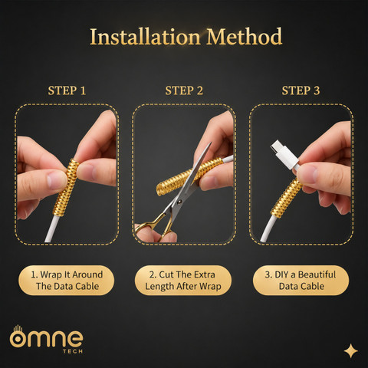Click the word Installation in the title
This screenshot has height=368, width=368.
(x=145, y=37)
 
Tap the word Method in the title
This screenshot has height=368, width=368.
(x=245, y=37)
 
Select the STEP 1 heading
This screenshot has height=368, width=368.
(x=67, y=90)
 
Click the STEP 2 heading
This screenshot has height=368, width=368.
(x=184, y=90)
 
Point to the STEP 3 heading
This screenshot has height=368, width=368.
(x=301, y=90)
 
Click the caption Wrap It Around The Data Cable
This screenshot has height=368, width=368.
(x=67, y=281)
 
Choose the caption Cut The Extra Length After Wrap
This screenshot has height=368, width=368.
(x=183, y=281)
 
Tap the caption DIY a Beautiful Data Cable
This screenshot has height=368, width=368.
(x=301, y=281)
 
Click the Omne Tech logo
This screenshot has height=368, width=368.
(x=47, y=340)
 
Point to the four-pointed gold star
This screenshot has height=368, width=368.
(x=351, y=350)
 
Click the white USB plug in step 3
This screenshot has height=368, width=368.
(x=284, y=154)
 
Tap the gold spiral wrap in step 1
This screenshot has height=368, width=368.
(x=66, y=187)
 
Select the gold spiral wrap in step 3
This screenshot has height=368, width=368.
(x=286, y=198)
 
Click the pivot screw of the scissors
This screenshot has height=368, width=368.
(x=179, y=202)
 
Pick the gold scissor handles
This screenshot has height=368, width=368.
(x=155, y=227)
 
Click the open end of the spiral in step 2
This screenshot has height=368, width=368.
(x=161, y=189)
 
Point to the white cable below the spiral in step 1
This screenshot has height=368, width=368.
(x=52, y=228)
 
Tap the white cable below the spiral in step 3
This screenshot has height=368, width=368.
(x=268, y=228)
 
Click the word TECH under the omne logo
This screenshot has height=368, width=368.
(x=73, y=351)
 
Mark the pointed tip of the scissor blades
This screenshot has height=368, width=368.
(x=211, y=143)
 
